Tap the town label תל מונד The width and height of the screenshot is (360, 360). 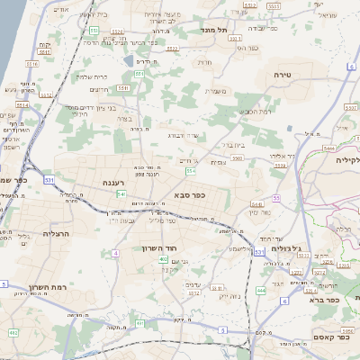tap(217, 31)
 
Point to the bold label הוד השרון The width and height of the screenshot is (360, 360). tap(162, 247)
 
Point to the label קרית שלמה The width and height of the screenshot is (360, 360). tap(92, 76)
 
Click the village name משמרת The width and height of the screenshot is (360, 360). tap(214, 91)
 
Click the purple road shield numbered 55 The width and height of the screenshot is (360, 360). tap(276, 197)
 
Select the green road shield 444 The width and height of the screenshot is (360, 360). tap(261, 290)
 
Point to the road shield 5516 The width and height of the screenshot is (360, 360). tap(32, 64)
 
